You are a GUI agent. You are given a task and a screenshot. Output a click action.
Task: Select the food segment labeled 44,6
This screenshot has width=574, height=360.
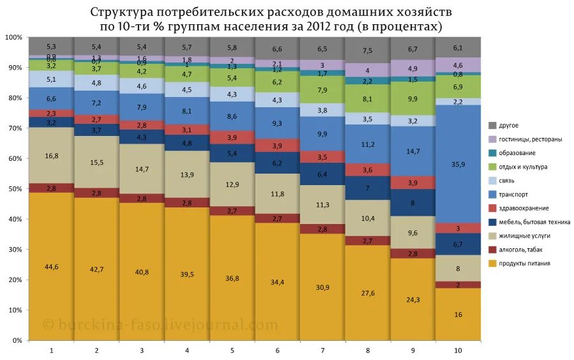[51, 267]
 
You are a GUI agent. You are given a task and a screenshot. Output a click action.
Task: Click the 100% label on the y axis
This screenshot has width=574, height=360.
[13, 38]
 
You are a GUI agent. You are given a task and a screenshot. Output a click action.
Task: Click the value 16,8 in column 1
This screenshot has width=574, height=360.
[51, 155]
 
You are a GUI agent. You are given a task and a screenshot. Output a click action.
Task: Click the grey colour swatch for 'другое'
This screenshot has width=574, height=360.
[492, 126]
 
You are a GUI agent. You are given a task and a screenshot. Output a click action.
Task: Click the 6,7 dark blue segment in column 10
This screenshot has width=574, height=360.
[457, 244]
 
